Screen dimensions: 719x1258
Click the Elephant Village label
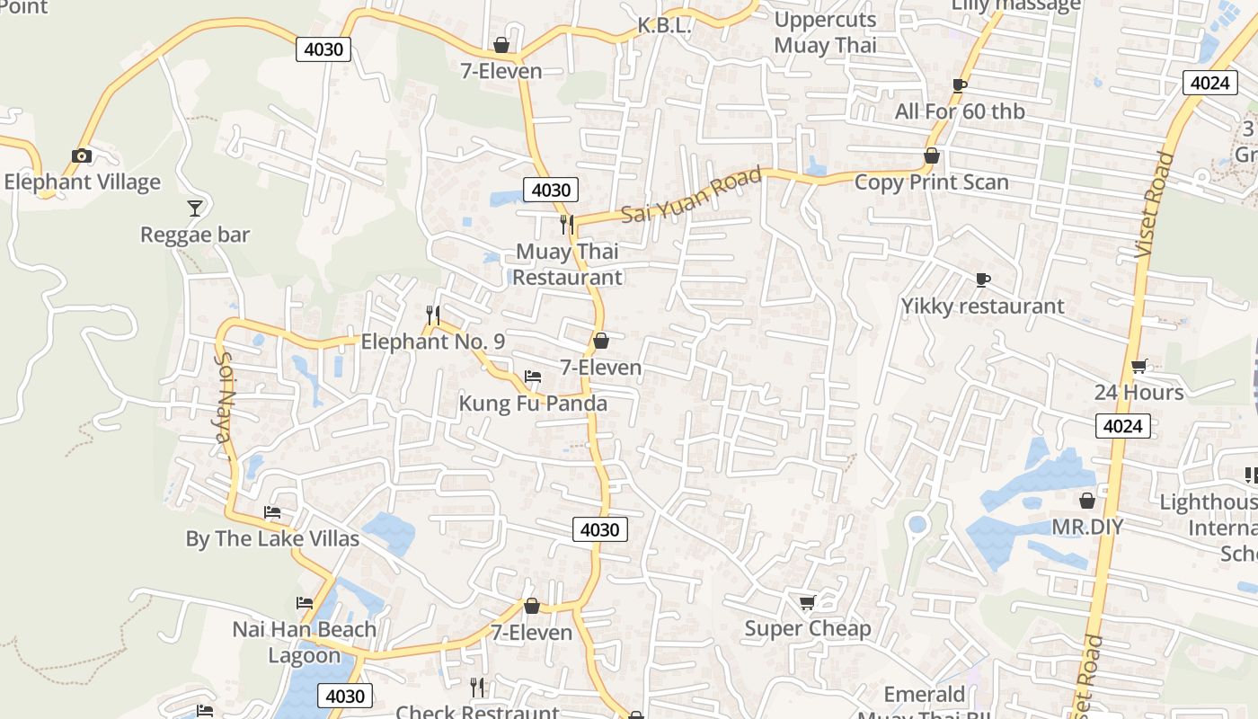tap(82, 182)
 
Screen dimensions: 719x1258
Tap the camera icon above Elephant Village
tap(82, 156)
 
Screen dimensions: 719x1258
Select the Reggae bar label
tap(195, 235)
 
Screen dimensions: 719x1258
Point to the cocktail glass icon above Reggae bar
tap(195, 209)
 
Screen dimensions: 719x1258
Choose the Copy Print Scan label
tap(931, 182)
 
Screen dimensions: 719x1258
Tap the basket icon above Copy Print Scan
tap(932, 156)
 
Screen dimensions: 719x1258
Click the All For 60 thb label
tap(960, 111)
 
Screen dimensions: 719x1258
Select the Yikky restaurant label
tap(982, 306)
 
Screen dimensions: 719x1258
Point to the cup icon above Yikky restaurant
tap(983, 280)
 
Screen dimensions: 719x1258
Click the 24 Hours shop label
tap(1138, 392)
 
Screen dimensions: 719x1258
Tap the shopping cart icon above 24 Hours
tap(1139, 366)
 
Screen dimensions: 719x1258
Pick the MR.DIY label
tap(1087, 526)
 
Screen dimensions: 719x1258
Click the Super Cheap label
tap(807, 628)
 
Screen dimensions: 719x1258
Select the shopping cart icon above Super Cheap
tap(807, 602)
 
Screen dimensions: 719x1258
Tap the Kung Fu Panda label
tap(533, 403)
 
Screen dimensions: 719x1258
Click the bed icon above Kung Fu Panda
tap(533, 377)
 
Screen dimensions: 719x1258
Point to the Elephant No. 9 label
tap(432, 342)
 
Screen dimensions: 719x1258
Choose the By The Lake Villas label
tap(272, 538)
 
